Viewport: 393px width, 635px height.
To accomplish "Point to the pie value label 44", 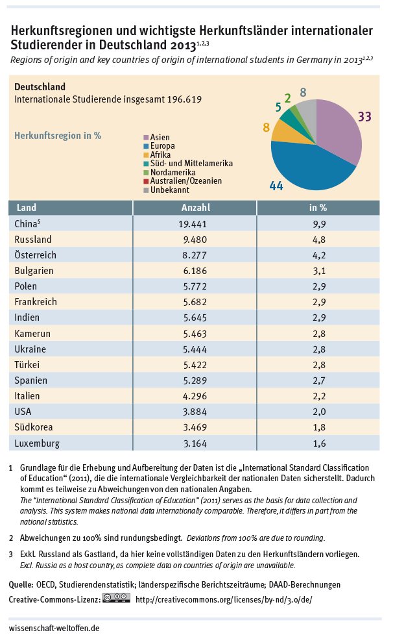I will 276,186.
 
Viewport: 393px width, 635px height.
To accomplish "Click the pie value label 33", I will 364,117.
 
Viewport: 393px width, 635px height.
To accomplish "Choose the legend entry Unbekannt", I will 169,190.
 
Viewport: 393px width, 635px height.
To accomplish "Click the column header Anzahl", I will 195,208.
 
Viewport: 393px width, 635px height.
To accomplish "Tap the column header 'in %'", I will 318,208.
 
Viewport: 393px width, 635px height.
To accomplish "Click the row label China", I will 26,223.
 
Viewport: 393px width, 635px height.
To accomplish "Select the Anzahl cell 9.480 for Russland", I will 195,239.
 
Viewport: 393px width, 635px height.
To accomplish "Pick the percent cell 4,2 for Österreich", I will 318,255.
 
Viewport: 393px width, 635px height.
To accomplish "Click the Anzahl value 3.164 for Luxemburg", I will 195,443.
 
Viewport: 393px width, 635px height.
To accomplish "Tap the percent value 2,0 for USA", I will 318,412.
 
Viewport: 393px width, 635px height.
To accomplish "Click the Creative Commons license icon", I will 116,599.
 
